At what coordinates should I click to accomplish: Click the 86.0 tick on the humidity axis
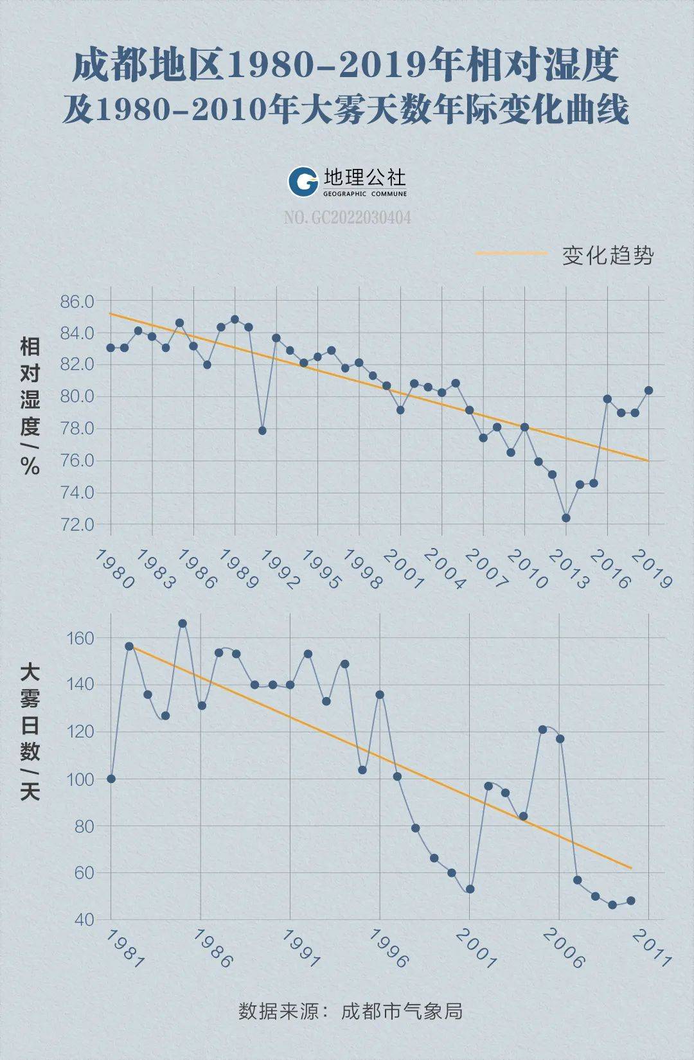(77, 301)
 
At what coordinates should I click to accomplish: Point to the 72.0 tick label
(77, 525)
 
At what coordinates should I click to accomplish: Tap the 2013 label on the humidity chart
(568, 569)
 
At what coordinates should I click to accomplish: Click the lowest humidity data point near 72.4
(566, 518)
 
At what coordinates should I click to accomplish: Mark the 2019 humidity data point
(648, 391)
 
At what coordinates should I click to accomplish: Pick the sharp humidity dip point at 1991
(262, 430)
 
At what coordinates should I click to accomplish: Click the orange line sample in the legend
(512, 254)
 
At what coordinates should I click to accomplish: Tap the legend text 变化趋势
(607, 256)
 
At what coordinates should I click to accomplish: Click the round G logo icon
(303, 182)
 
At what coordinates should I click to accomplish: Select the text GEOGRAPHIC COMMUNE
(365, 193)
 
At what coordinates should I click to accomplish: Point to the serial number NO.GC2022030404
(347, 218)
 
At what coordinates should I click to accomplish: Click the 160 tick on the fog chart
(80, 639)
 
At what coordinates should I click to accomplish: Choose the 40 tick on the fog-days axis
(84, 920)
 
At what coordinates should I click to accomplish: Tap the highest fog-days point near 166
(182, 623)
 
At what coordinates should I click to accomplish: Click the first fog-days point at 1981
(111, 779)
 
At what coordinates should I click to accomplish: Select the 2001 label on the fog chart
(476, 949)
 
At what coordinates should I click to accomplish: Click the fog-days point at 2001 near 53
(470, 889)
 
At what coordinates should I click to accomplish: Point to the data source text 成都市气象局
(402, 1012)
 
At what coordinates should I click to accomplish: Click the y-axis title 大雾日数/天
(30, 732)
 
